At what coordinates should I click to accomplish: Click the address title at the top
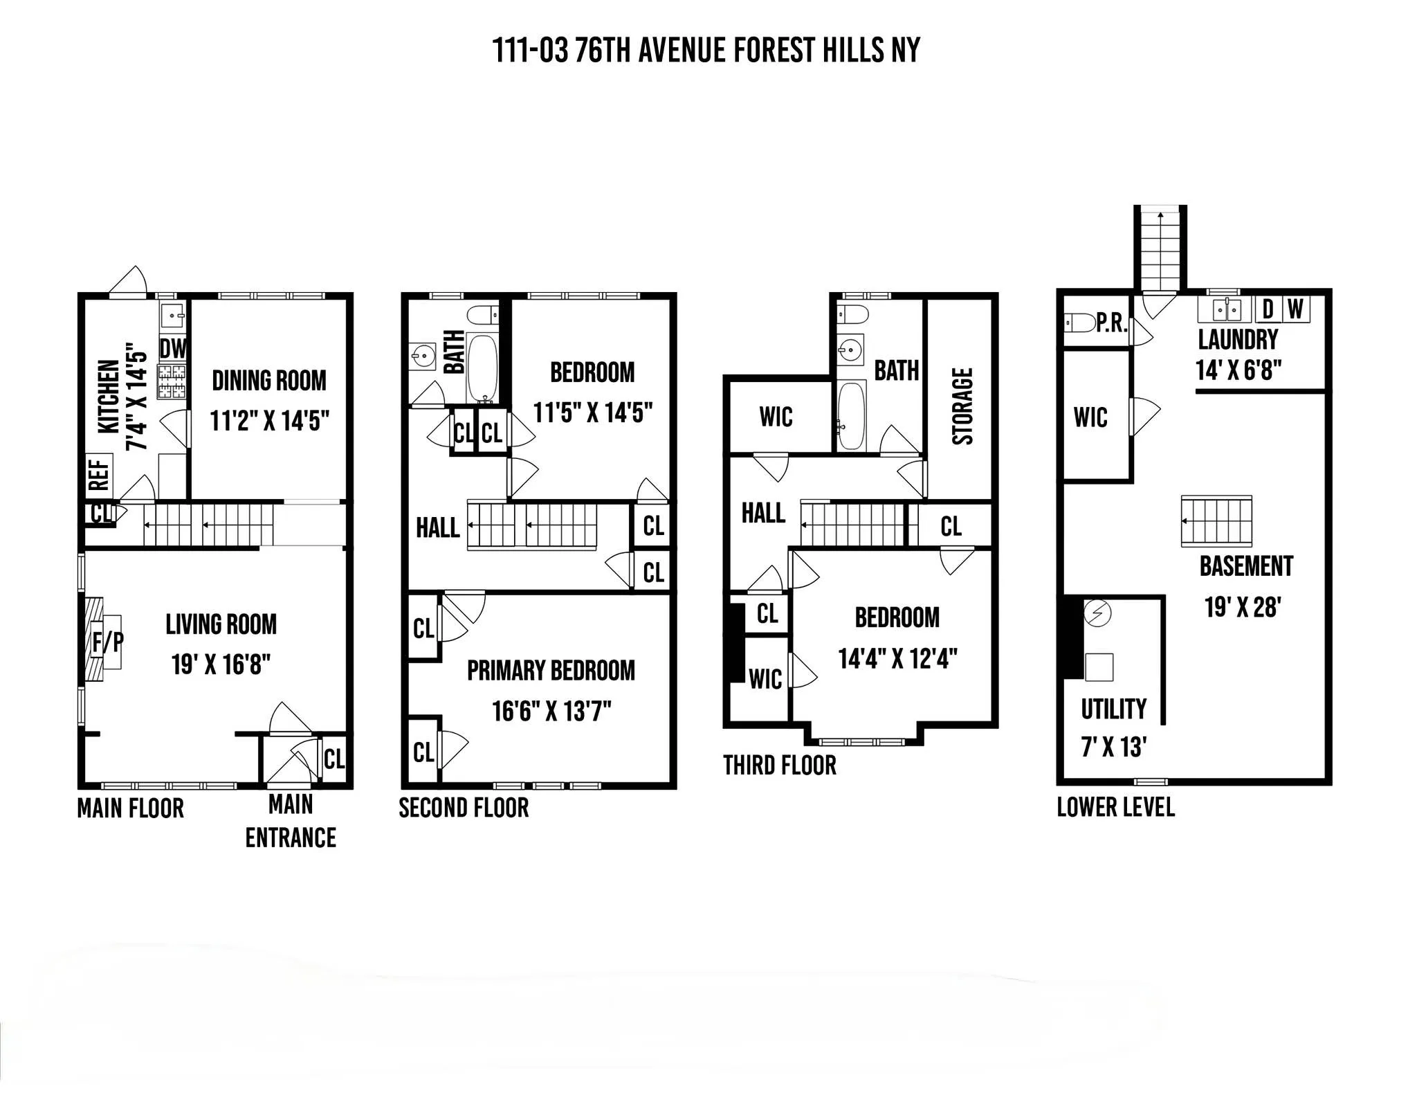706,51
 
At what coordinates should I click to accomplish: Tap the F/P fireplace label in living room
107,642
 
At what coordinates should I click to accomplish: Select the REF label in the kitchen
99,475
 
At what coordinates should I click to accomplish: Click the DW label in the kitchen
173,349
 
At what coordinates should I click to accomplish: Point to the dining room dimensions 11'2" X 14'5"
269,420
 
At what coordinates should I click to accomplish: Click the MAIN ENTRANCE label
291,821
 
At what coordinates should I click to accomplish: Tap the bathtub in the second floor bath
482,368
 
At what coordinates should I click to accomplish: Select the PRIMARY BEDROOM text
551,671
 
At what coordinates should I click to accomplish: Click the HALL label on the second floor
437,528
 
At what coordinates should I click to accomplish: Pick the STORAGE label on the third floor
962,406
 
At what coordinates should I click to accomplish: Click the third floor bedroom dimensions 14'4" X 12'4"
897,658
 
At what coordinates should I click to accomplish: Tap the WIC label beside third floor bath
776,417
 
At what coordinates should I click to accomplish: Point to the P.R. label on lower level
1112,323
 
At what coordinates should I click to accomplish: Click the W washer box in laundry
1296,309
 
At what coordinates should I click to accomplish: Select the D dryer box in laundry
1268,309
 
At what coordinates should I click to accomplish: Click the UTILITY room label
1113,709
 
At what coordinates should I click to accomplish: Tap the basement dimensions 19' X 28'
1243,607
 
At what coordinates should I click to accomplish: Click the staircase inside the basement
1216,521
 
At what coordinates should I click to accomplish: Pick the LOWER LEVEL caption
1115,807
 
